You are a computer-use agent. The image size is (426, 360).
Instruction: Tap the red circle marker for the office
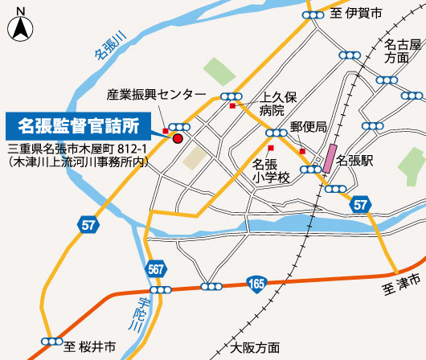tap(178, 138)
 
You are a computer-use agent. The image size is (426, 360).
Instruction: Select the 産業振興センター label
tap(156, 95)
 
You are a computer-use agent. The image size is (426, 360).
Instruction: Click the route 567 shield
tap(158, 269)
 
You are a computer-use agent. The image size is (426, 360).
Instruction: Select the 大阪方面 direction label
tap(255, 348)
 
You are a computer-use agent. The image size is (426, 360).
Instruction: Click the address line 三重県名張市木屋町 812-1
tap(76, 149)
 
